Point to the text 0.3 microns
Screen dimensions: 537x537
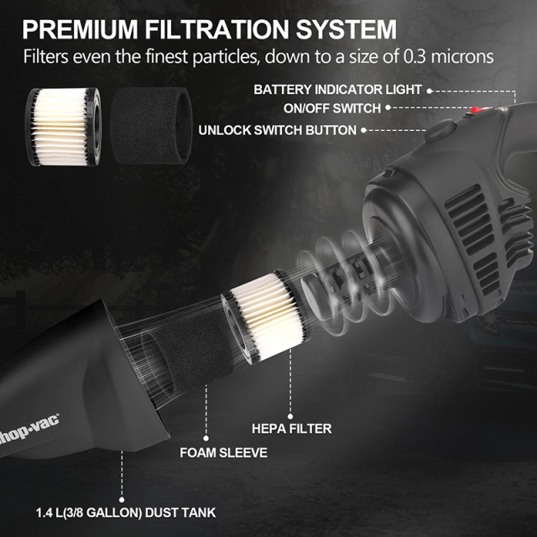pyautogui.click(x=454, y=57)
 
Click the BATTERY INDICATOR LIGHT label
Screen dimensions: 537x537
pyautogui.click(x=338, y=89)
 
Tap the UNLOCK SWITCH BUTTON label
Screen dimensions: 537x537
pyautogui.click(x=278, y=130)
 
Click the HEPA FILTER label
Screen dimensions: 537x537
pyautogui.click(x=292, y=429)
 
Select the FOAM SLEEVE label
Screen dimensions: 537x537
pyautogui.click(x=224, y=452)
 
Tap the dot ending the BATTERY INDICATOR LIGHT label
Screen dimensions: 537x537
pyautogui.click(x=430, y=89)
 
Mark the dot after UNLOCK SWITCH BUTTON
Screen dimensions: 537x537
pyautogui.click(x=365, y=130)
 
